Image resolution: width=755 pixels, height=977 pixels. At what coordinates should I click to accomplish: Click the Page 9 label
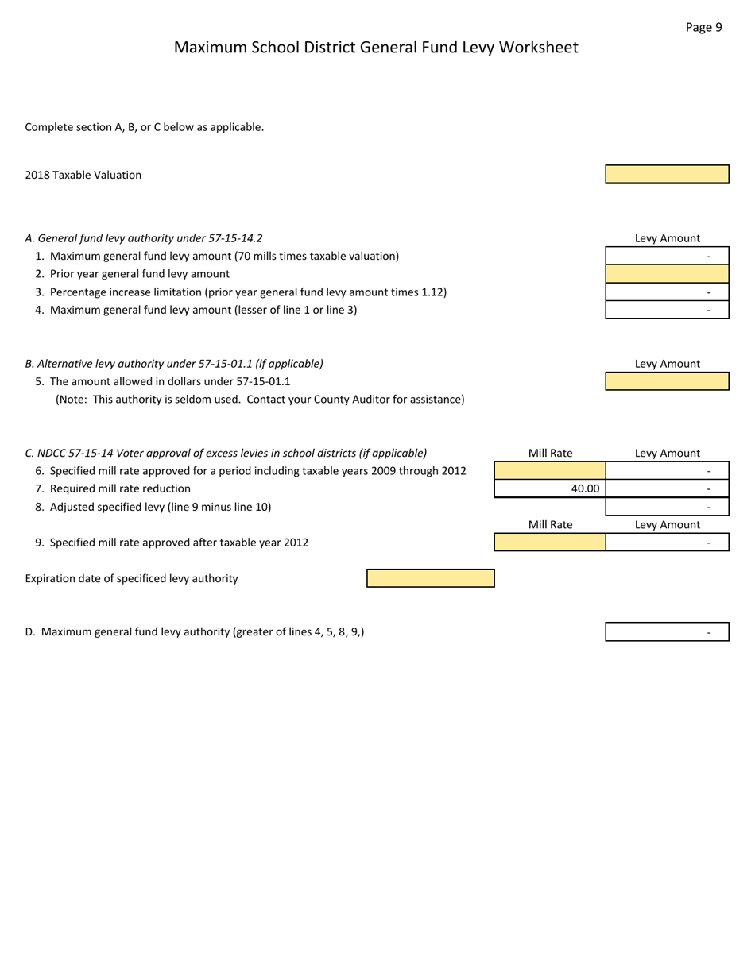click(x=703, y=27)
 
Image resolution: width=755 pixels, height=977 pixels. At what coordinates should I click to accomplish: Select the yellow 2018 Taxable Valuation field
click(x=667, y=175)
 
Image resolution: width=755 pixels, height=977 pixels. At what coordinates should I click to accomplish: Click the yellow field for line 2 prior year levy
click(x=667, y=274)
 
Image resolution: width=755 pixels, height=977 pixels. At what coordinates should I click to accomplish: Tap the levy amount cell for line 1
click(x=667, y=256)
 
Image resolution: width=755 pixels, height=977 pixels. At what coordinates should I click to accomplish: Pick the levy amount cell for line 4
click(x=667, y=310)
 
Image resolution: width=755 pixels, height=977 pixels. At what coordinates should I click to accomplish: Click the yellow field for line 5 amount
click(x=667, y=381)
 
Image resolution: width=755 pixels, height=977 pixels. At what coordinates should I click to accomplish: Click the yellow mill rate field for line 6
click(x=550, y=471)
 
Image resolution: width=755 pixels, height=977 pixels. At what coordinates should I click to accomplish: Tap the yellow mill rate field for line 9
click(x=550, y=543)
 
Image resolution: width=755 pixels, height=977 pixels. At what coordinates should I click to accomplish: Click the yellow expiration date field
click(x=430, y=578)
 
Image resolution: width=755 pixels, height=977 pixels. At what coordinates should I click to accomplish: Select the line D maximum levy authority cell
click(x=667, y=632)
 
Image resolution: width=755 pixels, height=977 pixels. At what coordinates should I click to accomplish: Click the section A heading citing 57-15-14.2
click(x=144, y=238)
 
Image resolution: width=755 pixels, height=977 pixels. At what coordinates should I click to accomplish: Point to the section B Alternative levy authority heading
click(x=174, y=364)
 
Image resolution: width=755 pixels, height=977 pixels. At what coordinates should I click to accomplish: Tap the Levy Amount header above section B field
click(x=667, y=364)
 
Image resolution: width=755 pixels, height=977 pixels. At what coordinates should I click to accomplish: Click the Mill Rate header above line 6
click(x=550, y=454)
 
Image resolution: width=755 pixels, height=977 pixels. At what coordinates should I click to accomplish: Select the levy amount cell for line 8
click(x=667, y=507)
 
